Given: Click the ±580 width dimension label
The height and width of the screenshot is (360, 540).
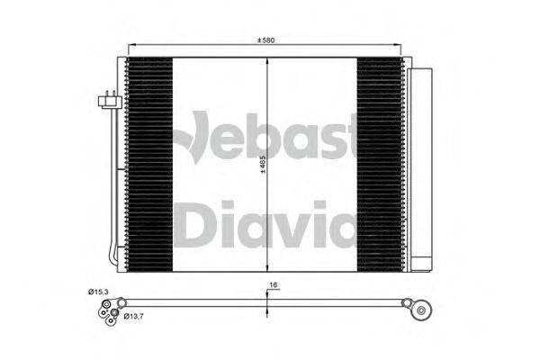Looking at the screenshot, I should pyautogui.click(x=265, y=40).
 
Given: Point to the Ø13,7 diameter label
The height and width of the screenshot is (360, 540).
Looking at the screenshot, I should pyautogui.click(x=134, y=316).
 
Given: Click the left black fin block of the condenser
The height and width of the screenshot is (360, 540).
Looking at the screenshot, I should pyautogui.click(x=149, y=162).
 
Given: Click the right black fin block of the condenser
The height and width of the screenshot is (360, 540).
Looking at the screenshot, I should pyautogui.click(x=382, y=162).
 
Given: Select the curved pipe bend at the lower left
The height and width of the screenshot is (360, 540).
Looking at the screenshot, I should pyautogui.click(x=112, y=258).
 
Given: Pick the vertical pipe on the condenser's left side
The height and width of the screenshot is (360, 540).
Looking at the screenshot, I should pyautogui.click(x=114, y=180).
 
